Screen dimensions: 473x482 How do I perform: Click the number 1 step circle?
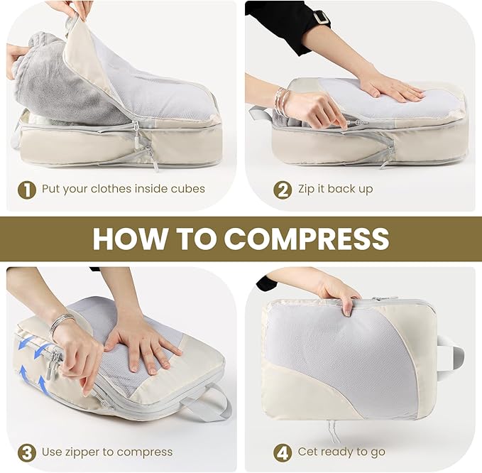[26, 190]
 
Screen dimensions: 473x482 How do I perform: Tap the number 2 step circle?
[283, 190]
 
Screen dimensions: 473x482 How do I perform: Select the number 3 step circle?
[26, 452]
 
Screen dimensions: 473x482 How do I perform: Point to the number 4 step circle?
[283, 452]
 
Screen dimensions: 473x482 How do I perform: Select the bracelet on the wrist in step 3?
[60, 323]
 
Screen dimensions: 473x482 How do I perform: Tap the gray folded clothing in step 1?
[57, 78]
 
